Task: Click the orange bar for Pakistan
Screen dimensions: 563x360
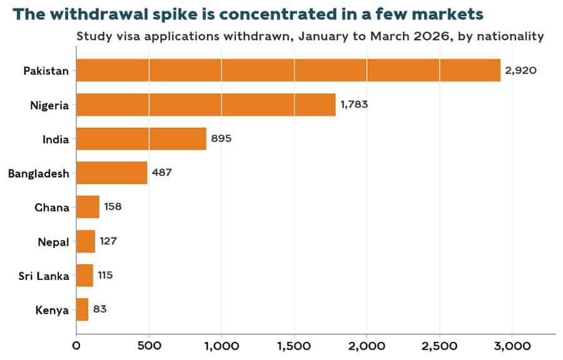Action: pyautogui.click(x=288, y=70)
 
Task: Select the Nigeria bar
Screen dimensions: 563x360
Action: pyautogui.click(x=206, y=105)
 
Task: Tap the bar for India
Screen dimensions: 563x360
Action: pyautogui.click(x=141, y=139)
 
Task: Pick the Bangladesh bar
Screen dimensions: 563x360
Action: pyautogui.click(x=112, y=173)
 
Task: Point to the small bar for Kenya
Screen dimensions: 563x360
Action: pyautogui.click(x=82, y=309)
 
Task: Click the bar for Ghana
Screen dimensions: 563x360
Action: pyautogui.click(x=88, y=207)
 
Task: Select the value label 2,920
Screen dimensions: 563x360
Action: pyautogui.click(x=520, y=70)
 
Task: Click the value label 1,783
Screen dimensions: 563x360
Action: pyautogui.click(x=354, y=104)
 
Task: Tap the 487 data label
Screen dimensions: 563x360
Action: pyautogui.click(x=162, y=172)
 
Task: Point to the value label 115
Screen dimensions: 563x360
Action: pyautogui.click(x=105, y=275)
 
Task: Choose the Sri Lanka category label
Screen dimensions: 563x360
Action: pyautogui.click(x=44, y=276)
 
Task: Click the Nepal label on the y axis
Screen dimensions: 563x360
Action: pyautogui.click(x=53, y=242)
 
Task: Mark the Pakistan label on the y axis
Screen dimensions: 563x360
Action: pyautogui.click(x=46, y=71)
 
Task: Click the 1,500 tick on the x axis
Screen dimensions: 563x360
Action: pyautogui.click(x=294, y=346)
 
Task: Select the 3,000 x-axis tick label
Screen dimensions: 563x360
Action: pyautogui.click(x=512, y=346)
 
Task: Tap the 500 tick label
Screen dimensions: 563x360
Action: pyautogui.click(x=149, y=346)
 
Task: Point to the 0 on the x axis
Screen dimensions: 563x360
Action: pyautogui.click(x=76, y=346)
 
